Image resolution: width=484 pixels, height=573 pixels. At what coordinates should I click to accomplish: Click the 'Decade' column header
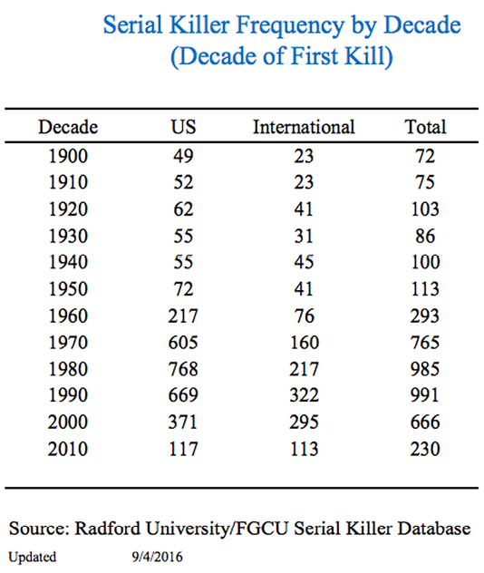coord(68,126)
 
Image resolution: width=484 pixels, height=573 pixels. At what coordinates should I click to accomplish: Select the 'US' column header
coord(184,126)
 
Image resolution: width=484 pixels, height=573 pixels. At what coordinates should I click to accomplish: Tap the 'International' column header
coord(304,126)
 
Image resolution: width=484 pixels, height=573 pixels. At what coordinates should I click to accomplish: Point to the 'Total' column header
coord(425,126)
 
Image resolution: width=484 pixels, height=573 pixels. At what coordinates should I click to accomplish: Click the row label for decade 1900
coord(68,157)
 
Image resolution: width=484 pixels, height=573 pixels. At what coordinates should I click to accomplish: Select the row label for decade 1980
coord(68,369)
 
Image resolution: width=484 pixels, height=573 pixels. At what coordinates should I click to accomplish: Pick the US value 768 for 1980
coord(184,369)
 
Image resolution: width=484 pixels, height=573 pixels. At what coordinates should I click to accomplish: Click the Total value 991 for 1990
coord(425,396)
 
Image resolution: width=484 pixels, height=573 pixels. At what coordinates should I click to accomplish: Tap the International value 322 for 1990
coord(304,396)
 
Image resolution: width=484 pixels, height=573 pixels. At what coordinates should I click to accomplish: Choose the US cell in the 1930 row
coord(184,237)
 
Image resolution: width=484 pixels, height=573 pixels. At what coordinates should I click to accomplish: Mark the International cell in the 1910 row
coord(304,183)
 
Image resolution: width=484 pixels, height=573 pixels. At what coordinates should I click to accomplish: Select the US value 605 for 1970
coord(184,343)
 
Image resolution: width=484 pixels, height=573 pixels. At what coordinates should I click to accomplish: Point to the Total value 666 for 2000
coord(425,422)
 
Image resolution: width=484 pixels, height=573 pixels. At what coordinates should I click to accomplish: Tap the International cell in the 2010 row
coord(304,449)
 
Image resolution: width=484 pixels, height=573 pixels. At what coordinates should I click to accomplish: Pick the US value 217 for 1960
coord(184,316)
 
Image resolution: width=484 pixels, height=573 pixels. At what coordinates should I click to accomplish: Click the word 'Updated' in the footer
coord(34,556)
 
